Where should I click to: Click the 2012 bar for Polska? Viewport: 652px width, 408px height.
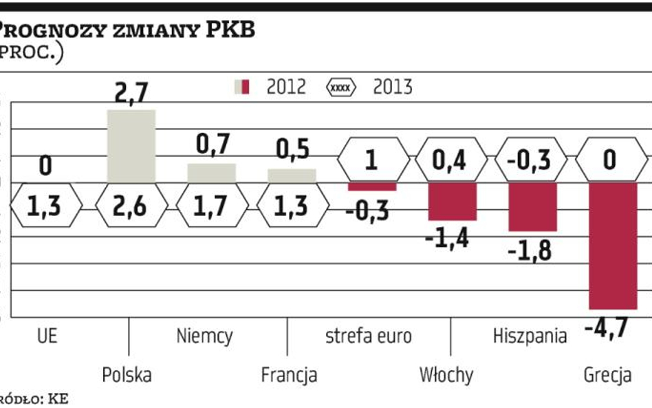coord(131,146)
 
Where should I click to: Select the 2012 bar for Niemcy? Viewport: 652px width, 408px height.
coord(211,173)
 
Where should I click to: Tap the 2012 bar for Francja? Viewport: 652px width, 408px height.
coord(292,175)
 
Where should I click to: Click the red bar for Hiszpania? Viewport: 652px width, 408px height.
coord(532,206)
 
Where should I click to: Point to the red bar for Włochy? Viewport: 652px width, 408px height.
coord(452,201)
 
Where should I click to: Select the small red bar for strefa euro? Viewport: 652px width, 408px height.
coord(372,186)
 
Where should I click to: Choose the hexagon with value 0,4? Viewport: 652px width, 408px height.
coord(452,160)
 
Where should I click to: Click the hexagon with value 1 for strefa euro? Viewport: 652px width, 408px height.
coord(372,160)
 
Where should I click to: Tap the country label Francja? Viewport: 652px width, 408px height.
coord(289,376)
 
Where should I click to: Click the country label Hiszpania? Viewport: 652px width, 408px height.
coord(530,336)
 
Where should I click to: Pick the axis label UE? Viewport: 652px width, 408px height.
coord(47,336)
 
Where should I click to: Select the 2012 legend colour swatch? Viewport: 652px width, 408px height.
coord(242,87)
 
